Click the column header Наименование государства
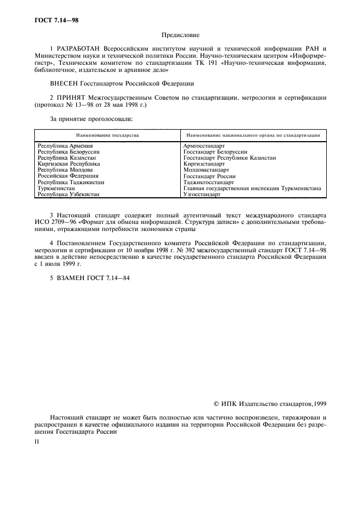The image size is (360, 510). pyautogui.click(x=107, y=135)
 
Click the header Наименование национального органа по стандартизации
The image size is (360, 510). pyautogui.click(x=253, y=135)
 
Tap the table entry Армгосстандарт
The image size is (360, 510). pyautogui.click(x=205, y=146)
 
